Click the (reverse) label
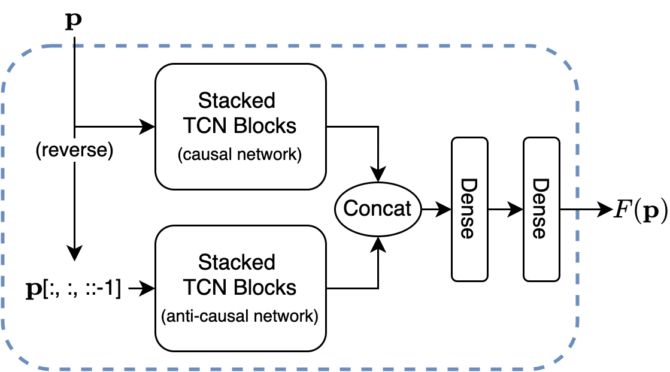pos(75,151)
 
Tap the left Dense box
pos(469,209)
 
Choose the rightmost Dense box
pos(541,209)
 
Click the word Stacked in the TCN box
pos(237,262)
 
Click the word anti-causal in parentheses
pos(204,316)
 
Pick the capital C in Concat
pos(350,208)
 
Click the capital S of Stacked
pos(204,262)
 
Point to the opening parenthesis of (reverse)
pos(39,151)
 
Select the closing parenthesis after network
pos(316,316)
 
